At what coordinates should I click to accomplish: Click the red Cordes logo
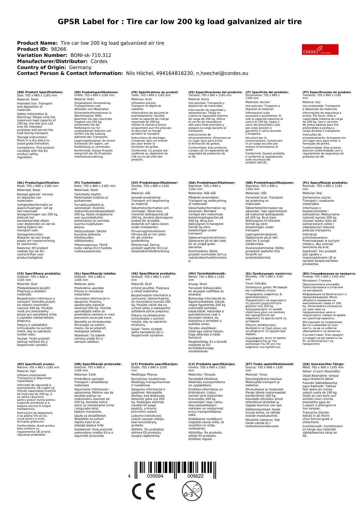[x=320, y=49]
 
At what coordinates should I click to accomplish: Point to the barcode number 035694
[x=155, y=476]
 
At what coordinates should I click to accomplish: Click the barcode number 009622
[x=195, y=476]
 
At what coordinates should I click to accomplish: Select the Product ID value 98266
[x=58, y=49]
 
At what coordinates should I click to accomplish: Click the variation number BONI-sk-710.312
[x=91, y=55]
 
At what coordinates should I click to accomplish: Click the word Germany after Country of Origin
[x=80, y=67]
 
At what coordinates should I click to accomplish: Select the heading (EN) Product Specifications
[x=40, y=92]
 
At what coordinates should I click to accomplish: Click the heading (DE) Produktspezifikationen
[x=96, y=92]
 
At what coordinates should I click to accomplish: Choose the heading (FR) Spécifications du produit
[x=155, y=92]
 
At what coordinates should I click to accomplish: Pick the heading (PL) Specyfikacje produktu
[x=325, y=183]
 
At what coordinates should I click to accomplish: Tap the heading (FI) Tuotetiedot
[x=88, y=183]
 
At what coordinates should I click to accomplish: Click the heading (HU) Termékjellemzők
[x=207, y=273]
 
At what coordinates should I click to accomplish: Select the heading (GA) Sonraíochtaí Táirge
[x=323, y=364]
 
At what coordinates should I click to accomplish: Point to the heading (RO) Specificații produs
[x=36, y=364]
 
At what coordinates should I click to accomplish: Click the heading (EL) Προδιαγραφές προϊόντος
[x=269, y=273]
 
